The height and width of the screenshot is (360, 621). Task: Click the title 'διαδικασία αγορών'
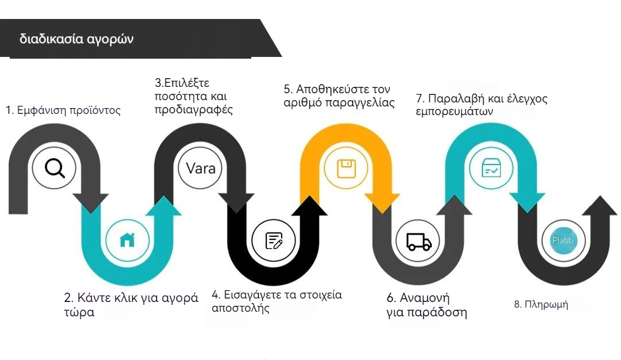[76, 39]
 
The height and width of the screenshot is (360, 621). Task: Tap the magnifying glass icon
[53, 168]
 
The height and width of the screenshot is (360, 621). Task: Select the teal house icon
[127, 240]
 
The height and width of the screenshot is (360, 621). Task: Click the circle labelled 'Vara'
[201, 168]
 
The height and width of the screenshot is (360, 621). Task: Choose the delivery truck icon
[419, 242]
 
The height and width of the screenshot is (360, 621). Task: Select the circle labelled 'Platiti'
[562, 240]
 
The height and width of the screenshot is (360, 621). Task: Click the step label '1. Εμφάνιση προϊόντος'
[63, 111]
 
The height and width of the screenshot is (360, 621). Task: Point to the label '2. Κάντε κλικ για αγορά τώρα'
[131, 305]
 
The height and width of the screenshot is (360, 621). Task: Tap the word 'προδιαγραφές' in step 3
[193, 110]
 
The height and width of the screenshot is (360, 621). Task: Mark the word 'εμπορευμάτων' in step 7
[454, 112]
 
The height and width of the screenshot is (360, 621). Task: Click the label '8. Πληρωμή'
[540, 304]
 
